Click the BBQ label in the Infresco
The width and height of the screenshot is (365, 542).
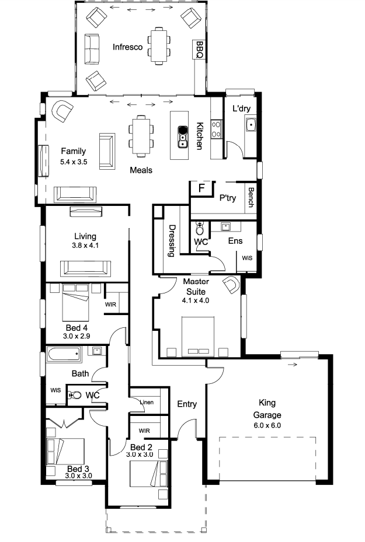(x=200, y=50)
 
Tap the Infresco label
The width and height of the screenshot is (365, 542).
(x=128, y=47)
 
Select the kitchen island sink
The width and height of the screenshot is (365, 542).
(x=182, y=137)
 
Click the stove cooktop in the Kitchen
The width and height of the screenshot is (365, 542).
(x=217, y=129)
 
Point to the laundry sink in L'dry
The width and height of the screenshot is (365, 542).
(x=251, y=124)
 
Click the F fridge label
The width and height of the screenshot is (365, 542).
(x=201, y=188)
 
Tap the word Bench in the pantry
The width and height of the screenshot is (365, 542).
(x=251, y=197)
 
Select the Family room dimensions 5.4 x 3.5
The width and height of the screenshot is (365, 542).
(x=74, y=162)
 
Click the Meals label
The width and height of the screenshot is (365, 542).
(x=141, y=170)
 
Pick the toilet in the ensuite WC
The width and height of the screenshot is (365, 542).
(x=200, y=228)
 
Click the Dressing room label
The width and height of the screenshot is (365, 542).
(x=172, y=240)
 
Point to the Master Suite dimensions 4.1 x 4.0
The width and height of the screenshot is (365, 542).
(x=196, y=300)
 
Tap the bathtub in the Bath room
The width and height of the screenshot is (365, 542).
(x=64, y=354)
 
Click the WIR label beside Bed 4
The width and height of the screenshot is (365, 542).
(x=111, y=305)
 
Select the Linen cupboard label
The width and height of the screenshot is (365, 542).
(x=147, y=403)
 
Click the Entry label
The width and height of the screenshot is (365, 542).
(x=187, y=404)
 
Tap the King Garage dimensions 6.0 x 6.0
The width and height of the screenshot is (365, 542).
(x=267, y=425)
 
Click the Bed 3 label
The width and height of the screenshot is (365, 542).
(x=78, y=468)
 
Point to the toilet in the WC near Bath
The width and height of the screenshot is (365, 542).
(x=74, y=395)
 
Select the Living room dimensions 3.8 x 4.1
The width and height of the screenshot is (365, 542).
(x=85, y=246)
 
